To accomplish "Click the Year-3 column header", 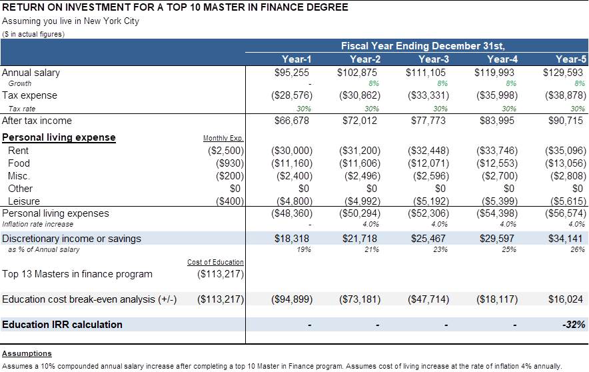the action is (434, 59).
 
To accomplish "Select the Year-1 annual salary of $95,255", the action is (291, 73).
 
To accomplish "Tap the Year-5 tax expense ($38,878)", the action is (565, 95).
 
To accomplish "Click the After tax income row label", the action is (37, 121).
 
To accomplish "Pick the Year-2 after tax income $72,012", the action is (360, 121).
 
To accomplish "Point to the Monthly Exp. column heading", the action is (223, 138).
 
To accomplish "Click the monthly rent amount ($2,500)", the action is (226, 151).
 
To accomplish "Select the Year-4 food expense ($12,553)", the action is (497, 163).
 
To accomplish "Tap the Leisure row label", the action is (24, 201).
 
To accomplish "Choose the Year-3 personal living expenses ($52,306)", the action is (428, 213).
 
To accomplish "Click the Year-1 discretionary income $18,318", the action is (291, 239).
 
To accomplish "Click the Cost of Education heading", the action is (215, 262).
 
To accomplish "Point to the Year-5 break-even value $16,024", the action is (565, 299).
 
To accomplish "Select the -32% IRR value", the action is (574, 325).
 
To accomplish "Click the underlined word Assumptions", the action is (27, 353).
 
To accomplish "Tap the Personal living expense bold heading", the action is (59, 137).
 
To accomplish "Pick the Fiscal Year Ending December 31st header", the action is (422, 46).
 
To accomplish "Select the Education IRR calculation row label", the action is (63, 325).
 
